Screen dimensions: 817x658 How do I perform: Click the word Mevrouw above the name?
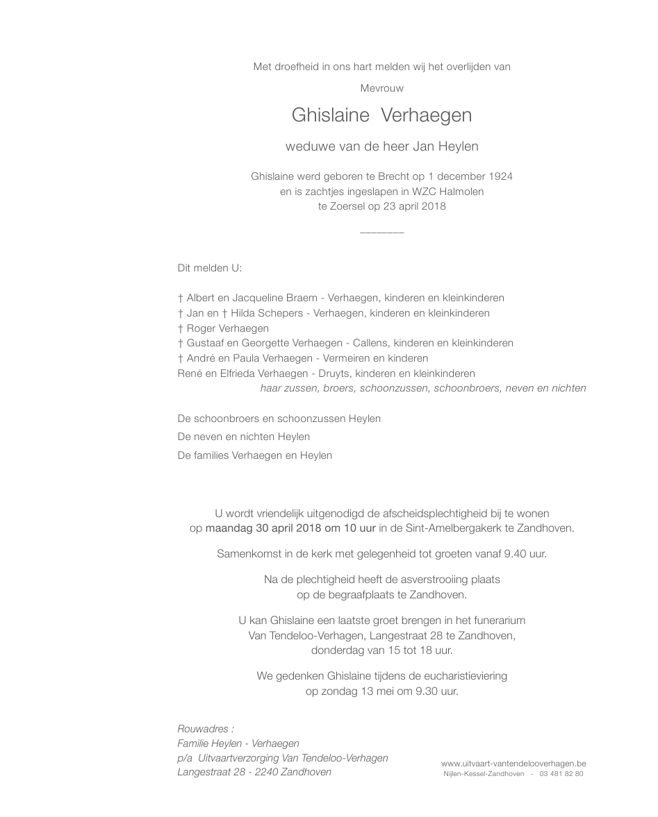[x=381, y=88]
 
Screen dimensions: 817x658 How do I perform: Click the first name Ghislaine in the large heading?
[x=330, y=115]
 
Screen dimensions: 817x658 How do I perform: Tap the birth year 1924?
[x=500, y=176]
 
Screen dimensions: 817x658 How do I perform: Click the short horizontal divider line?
[x=382, y=232]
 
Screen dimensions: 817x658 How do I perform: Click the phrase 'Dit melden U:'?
[x=210, y=268]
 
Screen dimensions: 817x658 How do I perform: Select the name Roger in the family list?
[x=201, y=328]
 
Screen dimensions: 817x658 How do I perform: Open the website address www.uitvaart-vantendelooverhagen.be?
[x=513, y=764]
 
